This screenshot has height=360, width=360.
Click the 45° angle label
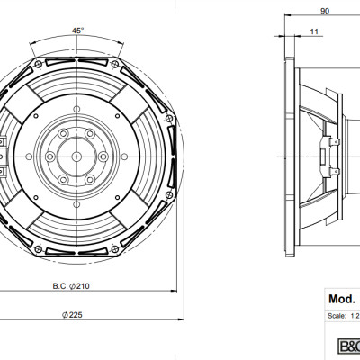click(78, 31)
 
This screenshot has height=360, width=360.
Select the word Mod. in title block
click(343, 297)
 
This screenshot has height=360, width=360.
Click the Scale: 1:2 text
click(344, 316)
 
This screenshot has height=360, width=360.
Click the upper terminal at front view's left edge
click(4, 141)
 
